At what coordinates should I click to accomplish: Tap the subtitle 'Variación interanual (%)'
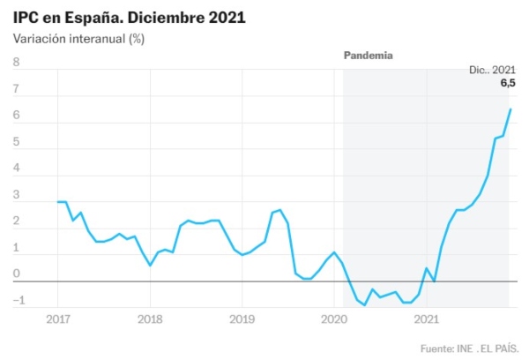[x=78, y=39]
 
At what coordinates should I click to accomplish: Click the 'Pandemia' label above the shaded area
[x=368, y=55]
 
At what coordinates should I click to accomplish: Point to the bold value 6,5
[x=508, y=83]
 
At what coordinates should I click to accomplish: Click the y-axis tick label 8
[x=16, y=63]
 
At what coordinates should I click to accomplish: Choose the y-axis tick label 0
[x=16, y=274]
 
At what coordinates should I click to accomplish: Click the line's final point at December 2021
[x=510, y=109]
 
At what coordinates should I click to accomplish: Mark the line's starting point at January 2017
[x=58, y=202]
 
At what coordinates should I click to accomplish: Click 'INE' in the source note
[x=466, y=348]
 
